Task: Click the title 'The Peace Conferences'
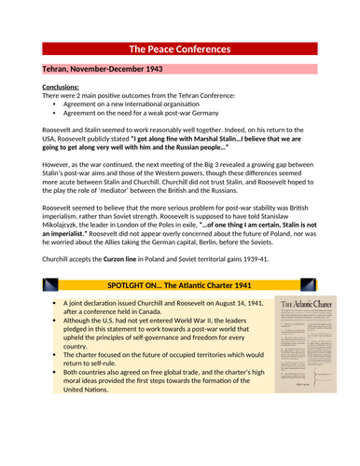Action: click(179, 48)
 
